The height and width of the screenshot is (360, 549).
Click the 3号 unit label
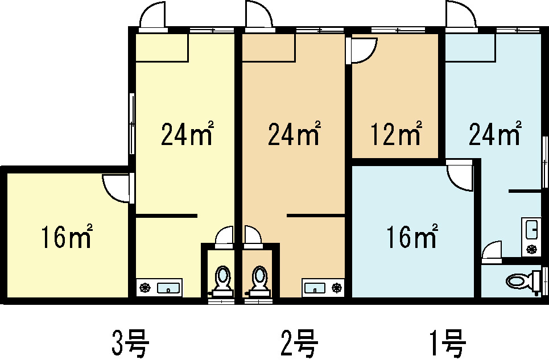coord(130,342)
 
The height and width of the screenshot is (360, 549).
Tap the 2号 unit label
coord(300,342)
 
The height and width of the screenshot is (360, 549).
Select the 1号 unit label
coord(448,342)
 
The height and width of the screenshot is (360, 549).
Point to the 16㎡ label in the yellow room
coord(67,236)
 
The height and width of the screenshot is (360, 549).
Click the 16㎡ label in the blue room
coord(412,236)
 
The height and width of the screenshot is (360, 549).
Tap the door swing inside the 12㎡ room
coord(364,51)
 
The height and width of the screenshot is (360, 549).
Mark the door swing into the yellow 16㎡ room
coord(116,188)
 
